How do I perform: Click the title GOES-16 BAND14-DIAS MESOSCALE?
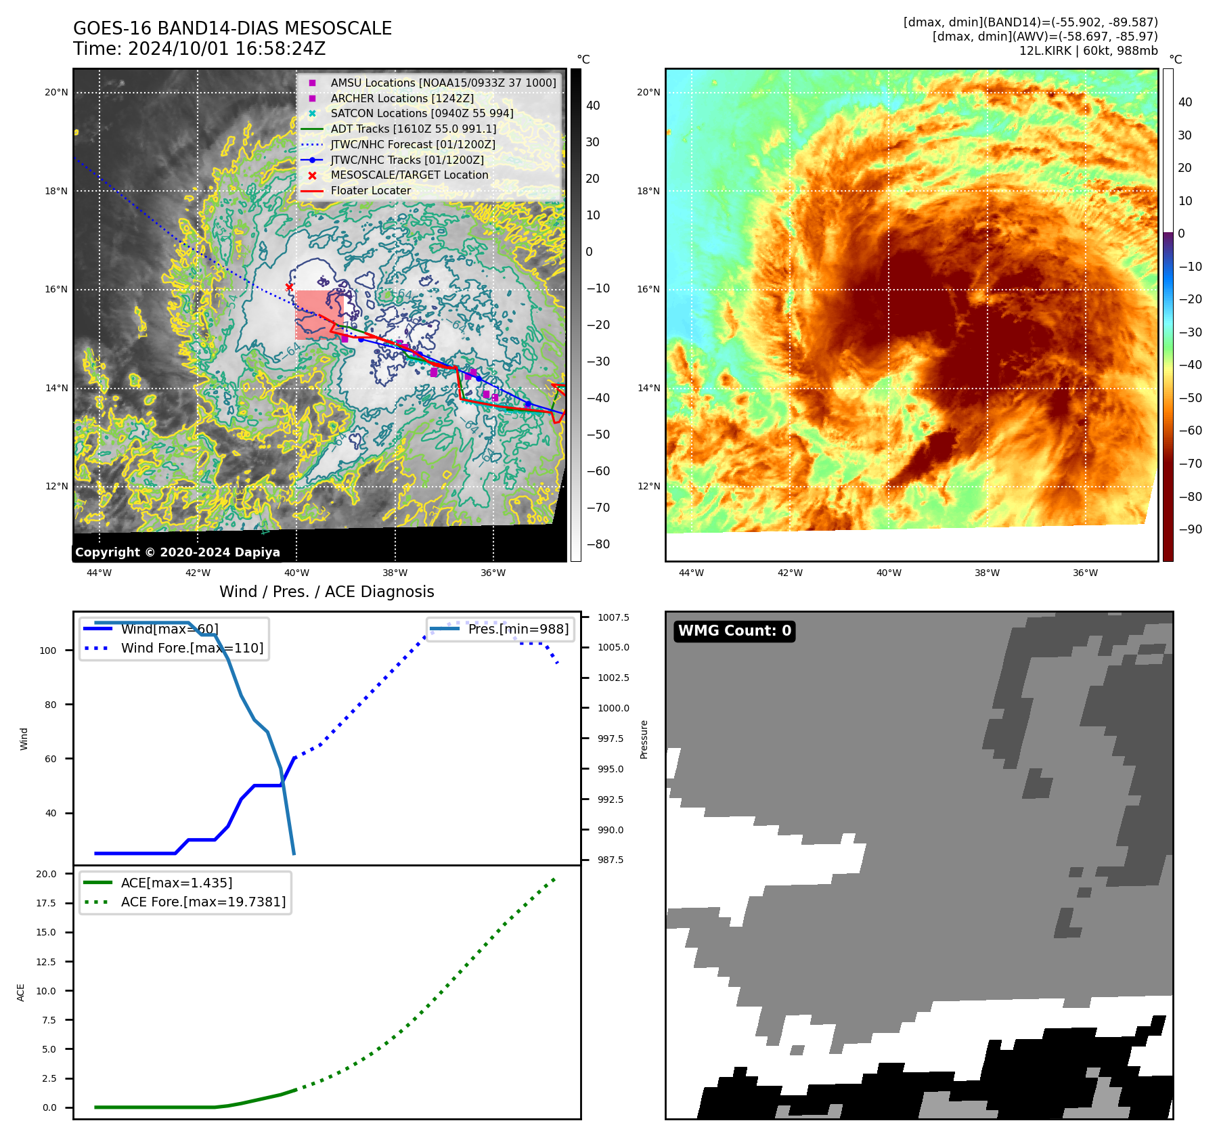(x=232, y=28)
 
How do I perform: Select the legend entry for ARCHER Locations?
(x=402, y=98)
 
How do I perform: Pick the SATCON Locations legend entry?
(x=422, y=114)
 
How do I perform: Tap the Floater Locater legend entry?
(x=370, y=191)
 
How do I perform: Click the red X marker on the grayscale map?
(x=290, y=287)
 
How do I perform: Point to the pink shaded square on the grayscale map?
(x=318, y=315)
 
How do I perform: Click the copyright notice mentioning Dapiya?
(x=177, y=552)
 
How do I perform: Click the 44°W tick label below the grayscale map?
(x=99, y=573)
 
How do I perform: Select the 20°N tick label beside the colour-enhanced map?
(x=648, y=93)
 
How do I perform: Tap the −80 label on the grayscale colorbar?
(x=598, y=544)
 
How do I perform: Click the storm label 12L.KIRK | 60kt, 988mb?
(x=1088, y=51)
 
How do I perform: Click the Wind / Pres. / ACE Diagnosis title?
(x=326, y=592)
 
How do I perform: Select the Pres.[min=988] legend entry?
(x=518, y=629)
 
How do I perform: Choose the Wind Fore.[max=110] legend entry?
(x=192, y=648)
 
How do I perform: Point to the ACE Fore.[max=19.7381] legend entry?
(x=203, y=902)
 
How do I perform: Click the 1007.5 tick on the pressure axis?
(x=613, y=617)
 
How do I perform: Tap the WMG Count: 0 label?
(x=734, y=631)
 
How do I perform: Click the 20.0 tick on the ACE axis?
(x=47, y=874)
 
